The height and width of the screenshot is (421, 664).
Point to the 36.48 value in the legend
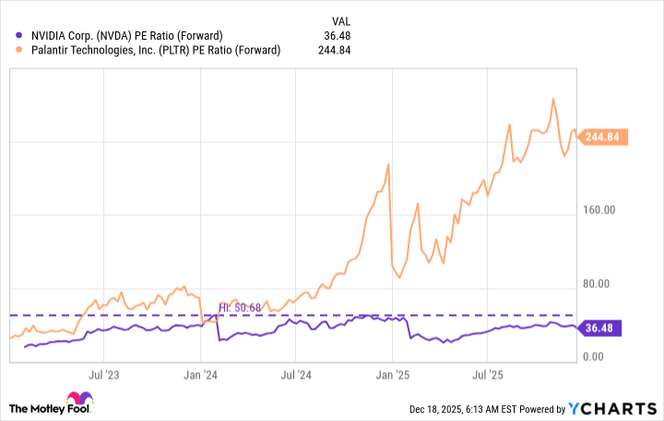pyautogui.click(x=338, y=36)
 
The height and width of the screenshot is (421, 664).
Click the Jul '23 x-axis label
pyautogui.click(x=104, y=376)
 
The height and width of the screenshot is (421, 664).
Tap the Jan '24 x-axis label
pyautogui.click(x=201, y=376)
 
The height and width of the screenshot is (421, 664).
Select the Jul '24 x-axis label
pyautogui.click(x=297, y=376)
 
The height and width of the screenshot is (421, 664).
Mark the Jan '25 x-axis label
pyautogui.click(x=394, y=376)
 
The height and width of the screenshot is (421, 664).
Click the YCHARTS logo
pyautogui.click(x=621, y=408)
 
